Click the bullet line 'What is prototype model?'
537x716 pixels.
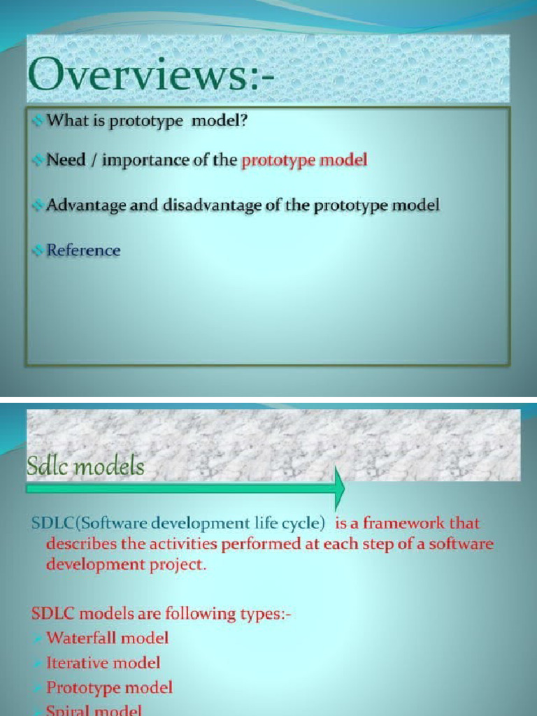click(148, 121)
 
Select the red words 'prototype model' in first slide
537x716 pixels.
click(304, 160)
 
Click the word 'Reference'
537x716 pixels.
click(83, 250)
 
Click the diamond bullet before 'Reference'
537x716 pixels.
click(38, 250)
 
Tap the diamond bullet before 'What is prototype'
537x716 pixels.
click(38, 122)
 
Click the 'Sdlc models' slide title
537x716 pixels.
click(85, 466)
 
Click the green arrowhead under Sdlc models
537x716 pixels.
click(340, 488)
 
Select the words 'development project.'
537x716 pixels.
click(127, 565)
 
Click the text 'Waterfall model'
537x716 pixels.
click(107, 638)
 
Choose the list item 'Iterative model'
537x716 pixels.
click(103, 662)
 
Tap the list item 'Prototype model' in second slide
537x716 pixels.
click(109, 687)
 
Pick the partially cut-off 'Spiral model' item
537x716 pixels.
click(94, 710)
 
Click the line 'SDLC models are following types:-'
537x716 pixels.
click(161, 613)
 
